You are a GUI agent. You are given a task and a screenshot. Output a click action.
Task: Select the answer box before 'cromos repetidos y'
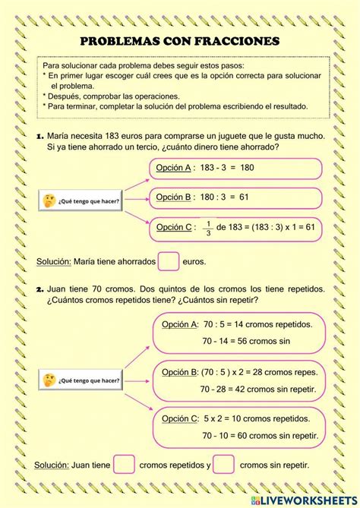[x=125, y=464]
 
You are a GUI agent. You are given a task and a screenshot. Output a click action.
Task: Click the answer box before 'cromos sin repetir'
[x=223, y=464]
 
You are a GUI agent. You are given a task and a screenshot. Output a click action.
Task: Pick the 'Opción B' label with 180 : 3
[x=172, y=197]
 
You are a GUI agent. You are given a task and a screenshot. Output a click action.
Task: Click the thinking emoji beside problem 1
[x=49, y=200]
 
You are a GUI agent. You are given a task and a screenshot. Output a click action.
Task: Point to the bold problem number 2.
[x=39, y=289]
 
